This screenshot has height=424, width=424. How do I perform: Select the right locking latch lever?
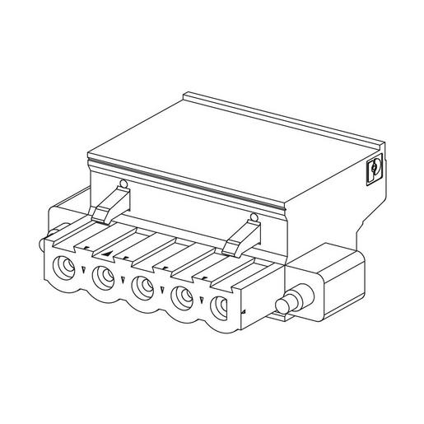point(240,237)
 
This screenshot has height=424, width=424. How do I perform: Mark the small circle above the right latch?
point(254,217)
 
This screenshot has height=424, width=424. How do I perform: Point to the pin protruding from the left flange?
point(43,245)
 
